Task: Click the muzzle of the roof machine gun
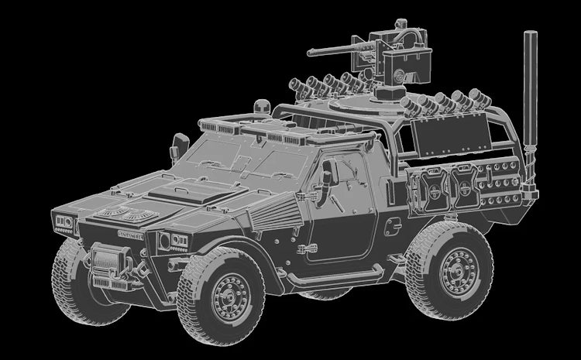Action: coord(310,53)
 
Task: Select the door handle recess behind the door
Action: coord(393,225)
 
